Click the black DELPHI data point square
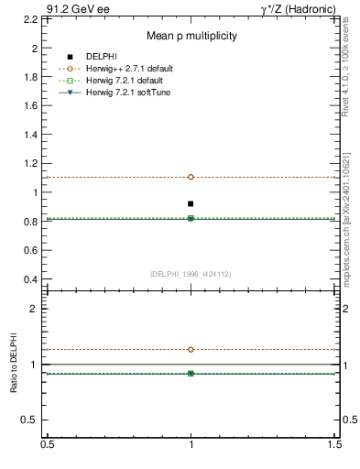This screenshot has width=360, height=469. (x=191, y=203)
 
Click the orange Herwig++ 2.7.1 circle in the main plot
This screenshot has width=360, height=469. (x=191, y=177)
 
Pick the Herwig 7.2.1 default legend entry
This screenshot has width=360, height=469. (x=134, y=81)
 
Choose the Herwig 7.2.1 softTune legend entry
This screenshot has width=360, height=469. (x=136, y=93)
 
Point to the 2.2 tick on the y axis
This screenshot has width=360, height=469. (x=32, y=18)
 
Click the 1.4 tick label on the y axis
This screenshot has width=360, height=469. (x=32, y=135)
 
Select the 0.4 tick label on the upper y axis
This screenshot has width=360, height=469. (x=32, y=279)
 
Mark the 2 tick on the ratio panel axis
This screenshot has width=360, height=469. (x=36, y=309)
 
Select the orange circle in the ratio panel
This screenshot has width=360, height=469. (x=191, y=349)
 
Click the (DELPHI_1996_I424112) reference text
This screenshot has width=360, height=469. (x=190, y=274)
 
